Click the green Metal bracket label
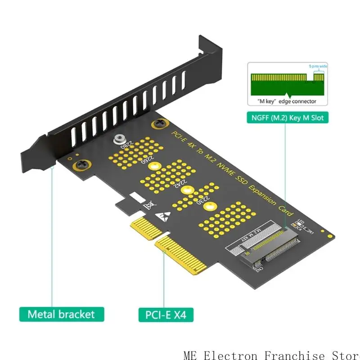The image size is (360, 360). coord(62,314)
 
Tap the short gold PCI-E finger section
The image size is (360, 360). coord(141,228)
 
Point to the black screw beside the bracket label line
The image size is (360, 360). coord(81,165)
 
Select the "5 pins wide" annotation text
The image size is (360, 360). coord(318,67)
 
